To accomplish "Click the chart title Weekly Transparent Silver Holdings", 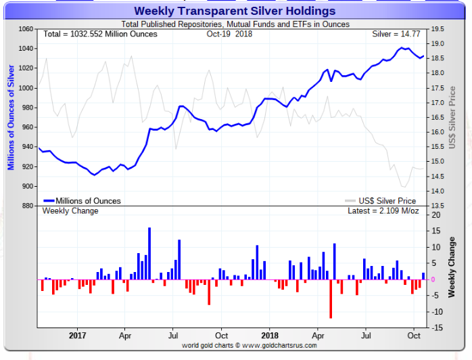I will [235, 11].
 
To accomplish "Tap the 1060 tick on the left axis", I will [25, 29].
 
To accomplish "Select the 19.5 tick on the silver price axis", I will [438, 29].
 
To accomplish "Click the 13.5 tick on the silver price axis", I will [438, 206].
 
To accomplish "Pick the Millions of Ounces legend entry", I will [82, 201].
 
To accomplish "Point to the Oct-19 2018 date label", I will [229, 34].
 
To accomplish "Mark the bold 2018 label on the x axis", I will [269, 334].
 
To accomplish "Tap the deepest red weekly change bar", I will [331, 298].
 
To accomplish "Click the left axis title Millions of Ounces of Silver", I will [11, 117].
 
